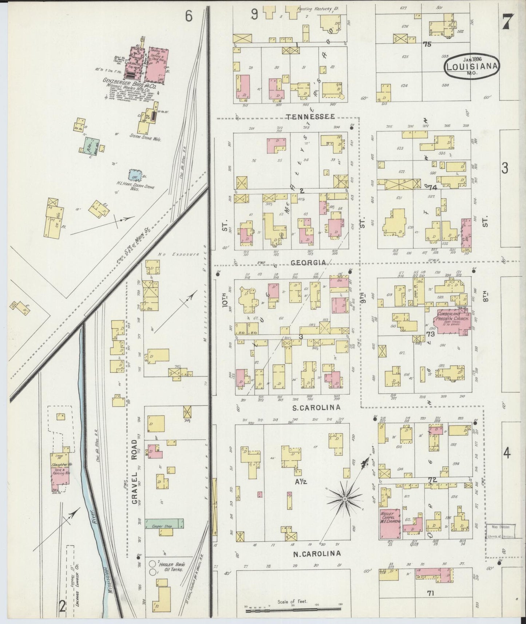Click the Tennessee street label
pos(310,116)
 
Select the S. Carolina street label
pos(316,407)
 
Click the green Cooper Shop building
pos(164,524)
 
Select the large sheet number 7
pos(507,22)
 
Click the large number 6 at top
pos(188,16)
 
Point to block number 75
pos(427,44)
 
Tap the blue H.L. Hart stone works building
pos(135,174)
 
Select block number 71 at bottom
pos(431,593)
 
